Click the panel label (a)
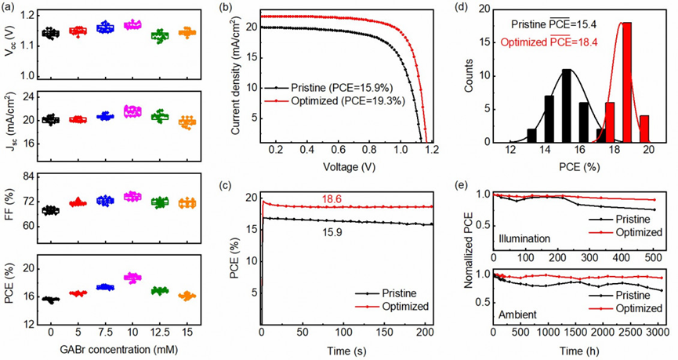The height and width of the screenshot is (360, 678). tap(10, 9)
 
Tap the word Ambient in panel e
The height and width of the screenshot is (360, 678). tap(517, 313)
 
